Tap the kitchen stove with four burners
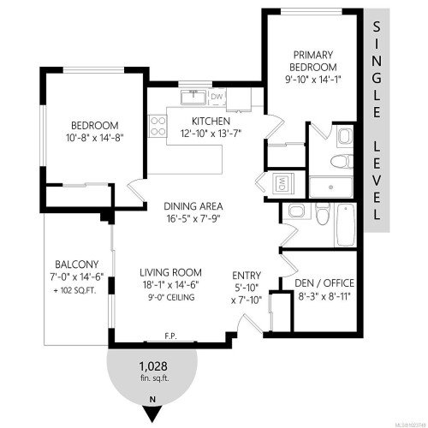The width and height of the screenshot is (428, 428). tap(159, 127)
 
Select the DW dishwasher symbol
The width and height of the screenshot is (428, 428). tap(217, 96)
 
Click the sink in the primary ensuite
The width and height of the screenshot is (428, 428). tap(343, 135)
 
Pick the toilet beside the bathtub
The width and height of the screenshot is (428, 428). tap(322, 213)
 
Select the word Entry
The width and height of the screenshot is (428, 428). tap(247, 275)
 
